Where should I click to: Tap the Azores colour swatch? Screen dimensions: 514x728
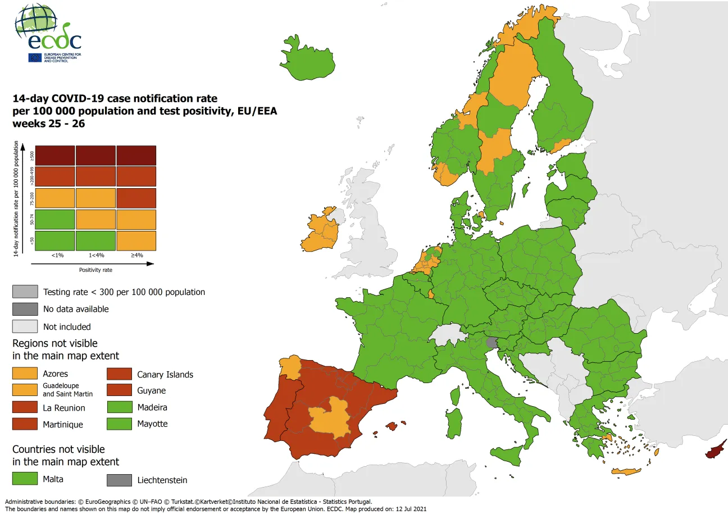click(25, 374)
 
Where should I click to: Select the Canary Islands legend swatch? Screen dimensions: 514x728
click(119, 374)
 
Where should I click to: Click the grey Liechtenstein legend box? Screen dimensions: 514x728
click(119, 480)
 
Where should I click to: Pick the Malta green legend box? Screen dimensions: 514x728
click(25, 479)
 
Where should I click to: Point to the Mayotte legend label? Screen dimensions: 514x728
click(152, 424)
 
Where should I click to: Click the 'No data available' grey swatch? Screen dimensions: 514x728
click(25, 309)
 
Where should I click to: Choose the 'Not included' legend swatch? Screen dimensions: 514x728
click(25, 326)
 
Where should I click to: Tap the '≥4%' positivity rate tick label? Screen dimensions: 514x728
click(136, 255)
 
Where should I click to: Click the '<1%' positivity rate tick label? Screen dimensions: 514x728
click(57, 255)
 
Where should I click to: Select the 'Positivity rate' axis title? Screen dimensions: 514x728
click(95, 270)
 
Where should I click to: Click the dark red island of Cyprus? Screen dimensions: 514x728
click(717, 450)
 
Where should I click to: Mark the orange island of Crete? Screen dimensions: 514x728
click(626, 471)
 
